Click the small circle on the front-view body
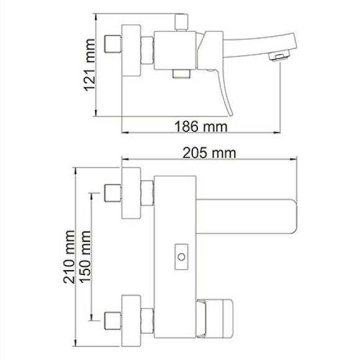[x=181, y=256]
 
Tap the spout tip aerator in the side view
[x=278, y=58]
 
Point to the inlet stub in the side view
[x=113, y=45]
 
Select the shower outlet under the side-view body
[x=181, y=74]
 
